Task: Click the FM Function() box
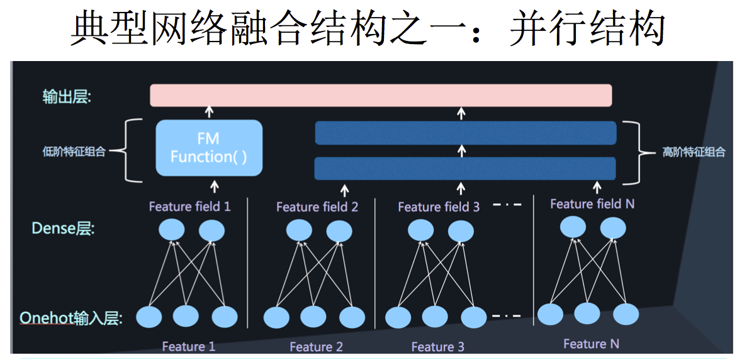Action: coord(209,148)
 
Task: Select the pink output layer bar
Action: coord(381,95)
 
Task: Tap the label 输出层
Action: coord(66,97)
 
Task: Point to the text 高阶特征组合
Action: coord(694,152)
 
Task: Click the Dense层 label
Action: coord(63,228)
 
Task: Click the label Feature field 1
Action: coord(189,206)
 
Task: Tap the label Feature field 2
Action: coord(317,207)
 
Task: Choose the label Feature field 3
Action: coord(439,207)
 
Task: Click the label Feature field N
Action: coord(591,204)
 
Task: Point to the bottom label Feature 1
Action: coord(188,346)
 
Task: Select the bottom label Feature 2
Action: coord(316,347)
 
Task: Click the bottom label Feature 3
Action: coord(437,347)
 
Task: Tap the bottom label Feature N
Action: coord(591,344)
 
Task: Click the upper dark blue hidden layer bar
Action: coord(465,133)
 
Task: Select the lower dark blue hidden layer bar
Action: coord(465,169)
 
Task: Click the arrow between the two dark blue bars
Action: coord(463,151)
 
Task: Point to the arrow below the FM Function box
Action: coord(214,186)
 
